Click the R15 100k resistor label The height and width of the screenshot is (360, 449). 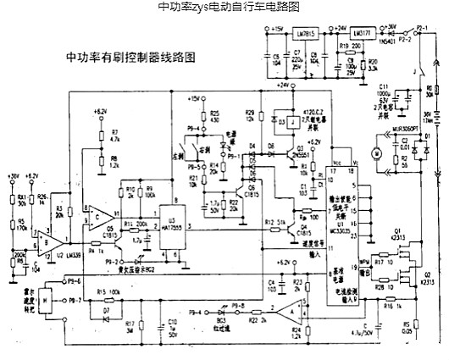108,293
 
